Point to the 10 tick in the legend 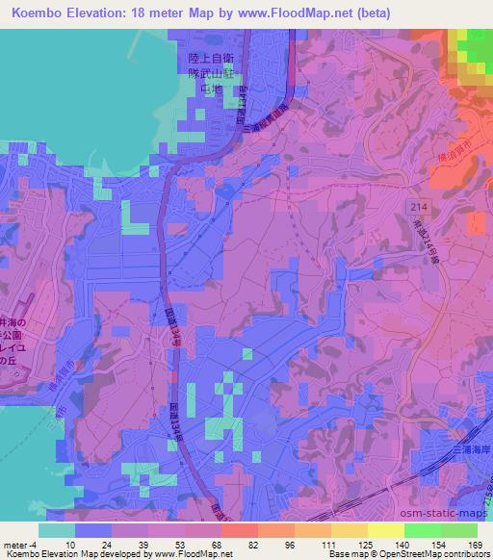pos(70,544)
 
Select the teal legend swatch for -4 pos(56,530)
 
